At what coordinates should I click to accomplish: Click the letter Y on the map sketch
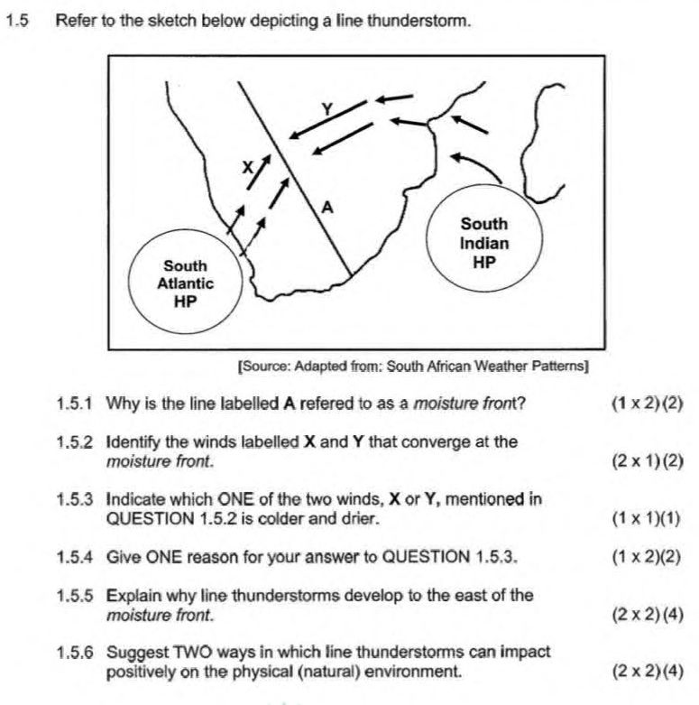(x=327, y=109)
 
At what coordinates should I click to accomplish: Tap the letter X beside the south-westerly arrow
(x=247, y=167)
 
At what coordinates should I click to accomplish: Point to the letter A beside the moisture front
(x=327, y=208)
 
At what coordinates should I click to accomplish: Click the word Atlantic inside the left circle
(x=185, y=283)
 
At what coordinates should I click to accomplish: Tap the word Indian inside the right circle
(x=484, y=243)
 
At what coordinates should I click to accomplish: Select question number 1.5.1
(x=75, y=404)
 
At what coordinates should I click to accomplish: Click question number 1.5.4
(x=75, y=557)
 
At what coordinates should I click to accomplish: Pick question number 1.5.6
(x=75, y=652)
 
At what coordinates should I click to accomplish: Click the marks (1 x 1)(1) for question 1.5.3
(x=646, y=518)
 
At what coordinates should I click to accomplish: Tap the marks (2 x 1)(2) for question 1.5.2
(x=648, y=461)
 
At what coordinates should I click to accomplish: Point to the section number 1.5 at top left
(x=17, y=21)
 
